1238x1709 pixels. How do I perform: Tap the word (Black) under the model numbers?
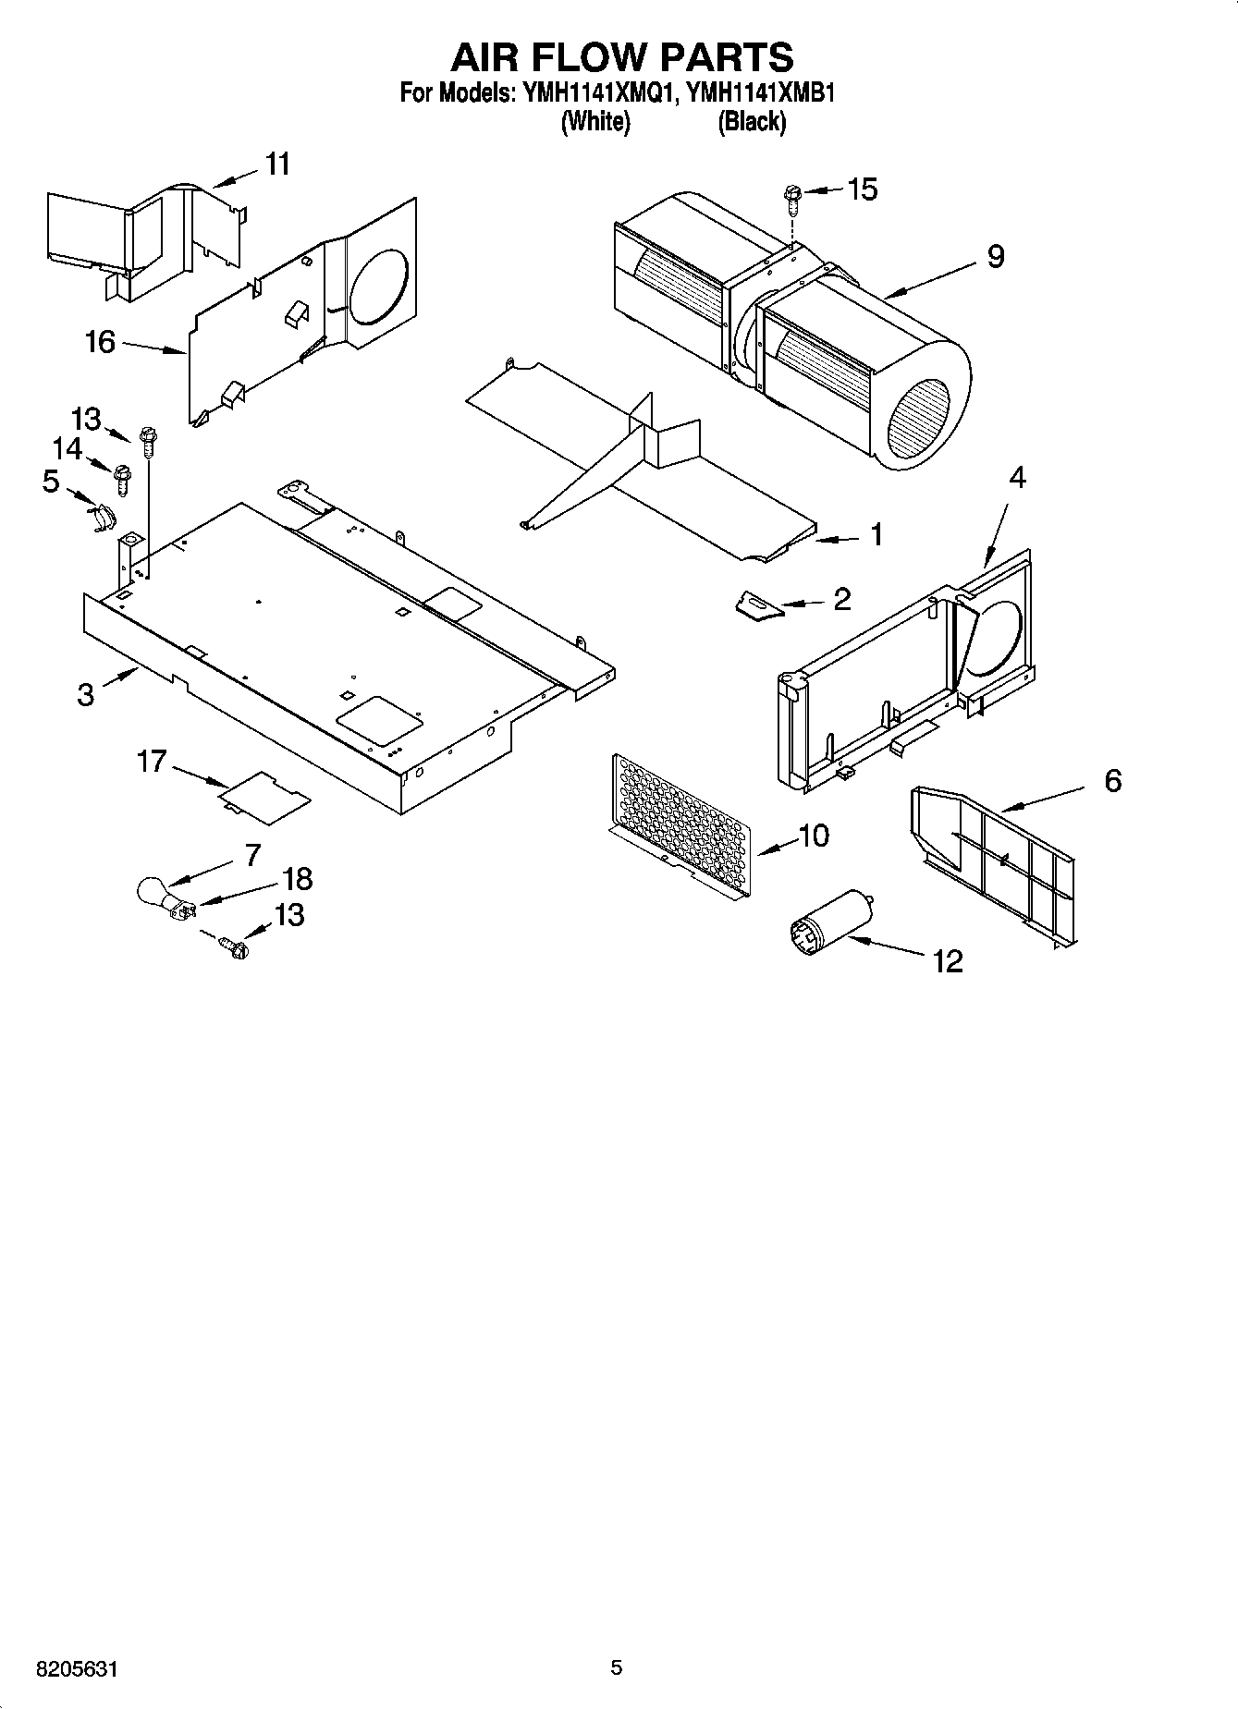[752, 122]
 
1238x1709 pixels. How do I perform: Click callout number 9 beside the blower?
[995, 256]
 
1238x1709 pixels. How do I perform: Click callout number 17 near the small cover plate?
[152, 762]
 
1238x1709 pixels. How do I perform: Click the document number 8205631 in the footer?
[78, 1670]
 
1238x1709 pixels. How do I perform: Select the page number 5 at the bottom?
[617, 1668]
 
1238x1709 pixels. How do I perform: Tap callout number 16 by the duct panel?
[100, 342]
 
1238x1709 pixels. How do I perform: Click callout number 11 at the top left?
[277, 164]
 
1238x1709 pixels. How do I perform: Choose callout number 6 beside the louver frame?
[1112, 781]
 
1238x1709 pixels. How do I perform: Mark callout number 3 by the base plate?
[86, 694]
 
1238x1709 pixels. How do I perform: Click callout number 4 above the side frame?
[1017, 478]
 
